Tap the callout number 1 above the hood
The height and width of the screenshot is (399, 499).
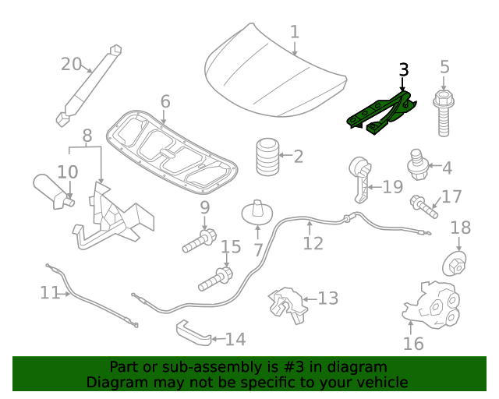tap(294, 32)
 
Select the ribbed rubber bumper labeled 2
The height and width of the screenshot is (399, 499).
tap(267, 157)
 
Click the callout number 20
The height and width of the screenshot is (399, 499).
tap(71, 64)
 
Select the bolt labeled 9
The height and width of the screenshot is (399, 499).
tap(199, 240)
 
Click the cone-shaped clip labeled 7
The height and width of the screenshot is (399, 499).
tap(257, 212)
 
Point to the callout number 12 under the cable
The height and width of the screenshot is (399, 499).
tap(312, 243)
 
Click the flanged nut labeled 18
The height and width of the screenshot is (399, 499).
tap(456, 263)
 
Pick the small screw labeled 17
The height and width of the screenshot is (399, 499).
tap(423, 206)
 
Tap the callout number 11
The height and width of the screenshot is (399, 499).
tap(49, 293)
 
